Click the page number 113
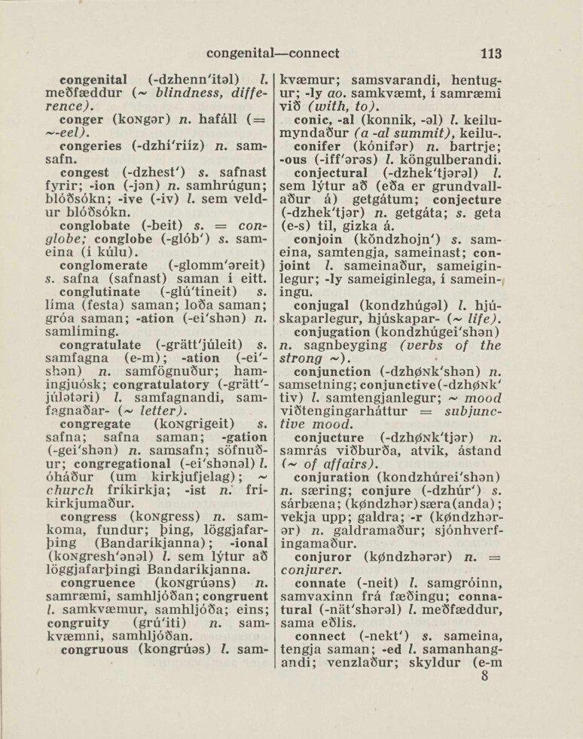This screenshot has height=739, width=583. pos(490,53)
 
